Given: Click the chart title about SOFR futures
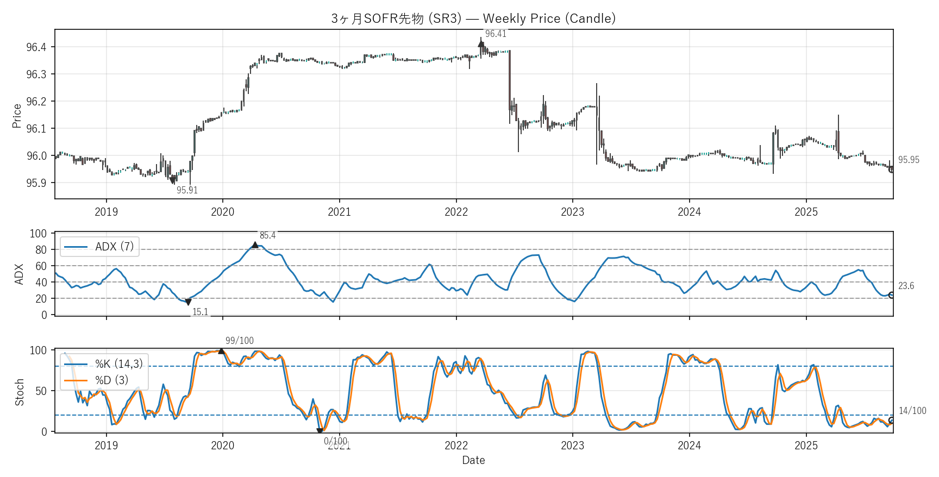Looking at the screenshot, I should click(x=473, y=18).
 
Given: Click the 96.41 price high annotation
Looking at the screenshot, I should click(x=496, y=34).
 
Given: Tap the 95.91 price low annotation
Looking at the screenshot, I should click(x=187, y=190).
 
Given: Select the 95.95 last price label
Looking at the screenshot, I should click(x=909, y=160).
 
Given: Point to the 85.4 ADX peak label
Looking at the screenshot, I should click(x=267, y=235).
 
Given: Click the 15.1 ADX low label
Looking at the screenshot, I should click(x=201, y=312).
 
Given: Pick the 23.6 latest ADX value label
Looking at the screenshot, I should click(x=906, y=286).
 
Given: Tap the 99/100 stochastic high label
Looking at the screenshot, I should click(x=240, y=341).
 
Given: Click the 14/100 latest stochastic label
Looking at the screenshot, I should click(x=912, y=411).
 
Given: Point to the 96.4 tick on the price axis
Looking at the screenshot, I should click(x=36, y=47).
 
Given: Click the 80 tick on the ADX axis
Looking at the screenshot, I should click(x=41, y=250).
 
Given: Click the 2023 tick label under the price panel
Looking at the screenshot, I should click(x=572, y=212).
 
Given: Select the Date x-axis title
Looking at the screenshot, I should click(x=473, y=460).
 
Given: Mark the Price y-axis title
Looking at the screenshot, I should click(x=17, y=116).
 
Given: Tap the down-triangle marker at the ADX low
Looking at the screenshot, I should click(x=188, y=302).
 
